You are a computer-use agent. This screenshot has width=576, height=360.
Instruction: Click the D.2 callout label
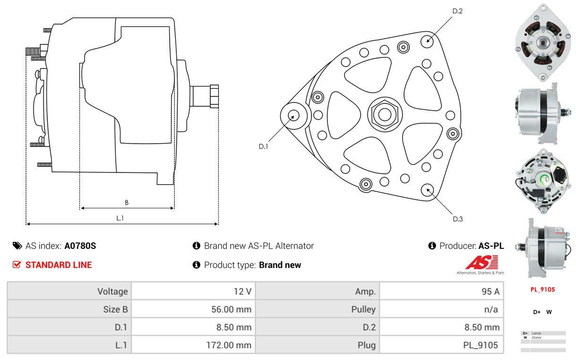pos(457,11)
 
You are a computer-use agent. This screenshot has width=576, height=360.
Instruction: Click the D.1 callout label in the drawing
pos(263,146)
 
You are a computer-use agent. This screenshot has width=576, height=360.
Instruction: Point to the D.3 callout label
pos(457,219)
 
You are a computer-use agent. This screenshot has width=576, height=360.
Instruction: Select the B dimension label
pos(127,202)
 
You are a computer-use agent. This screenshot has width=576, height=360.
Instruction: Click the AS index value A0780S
pos(80,246)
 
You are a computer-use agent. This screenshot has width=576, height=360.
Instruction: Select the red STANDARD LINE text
pos(58,265)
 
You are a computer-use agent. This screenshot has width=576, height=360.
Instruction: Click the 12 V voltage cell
pos(242,291)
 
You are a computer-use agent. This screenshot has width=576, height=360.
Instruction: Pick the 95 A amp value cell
pos(490,291)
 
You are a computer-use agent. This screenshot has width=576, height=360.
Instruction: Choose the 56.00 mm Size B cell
pos(231,309)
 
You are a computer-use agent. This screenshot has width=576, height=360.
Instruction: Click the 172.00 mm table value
pos(229,345)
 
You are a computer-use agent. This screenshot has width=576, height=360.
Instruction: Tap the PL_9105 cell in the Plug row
pos(480,345)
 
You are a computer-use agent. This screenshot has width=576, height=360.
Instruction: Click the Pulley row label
pos(363,309)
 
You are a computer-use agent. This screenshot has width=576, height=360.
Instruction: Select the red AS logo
pos(481,262)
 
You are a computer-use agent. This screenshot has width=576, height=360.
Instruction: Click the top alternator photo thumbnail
pos(540,43)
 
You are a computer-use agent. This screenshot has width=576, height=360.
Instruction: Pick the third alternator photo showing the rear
pos(540,176)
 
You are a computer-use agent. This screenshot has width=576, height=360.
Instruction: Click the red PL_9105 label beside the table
pos(542,290)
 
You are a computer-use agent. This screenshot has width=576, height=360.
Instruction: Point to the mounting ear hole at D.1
pos(293,115)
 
